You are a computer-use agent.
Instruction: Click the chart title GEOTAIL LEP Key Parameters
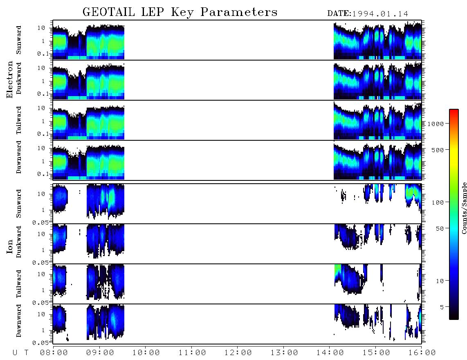(x=180, y=12)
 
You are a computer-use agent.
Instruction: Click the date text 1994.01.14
(x=380, y=14)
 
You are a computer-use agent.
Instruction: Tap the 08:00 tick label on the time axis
(x=54, y=353)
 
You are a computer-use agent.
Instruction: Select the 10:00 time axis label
(x=146, y=353)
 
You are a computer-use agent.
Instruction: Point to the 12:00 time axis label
(x=238, y=353)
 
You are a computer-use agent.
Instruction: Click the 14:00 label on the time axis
(x=330, y=353)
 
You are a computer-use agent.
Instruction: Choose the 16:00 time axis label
(x=422, y=353)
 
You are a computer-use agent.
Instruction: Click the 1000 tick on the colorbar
(x=436, y=124)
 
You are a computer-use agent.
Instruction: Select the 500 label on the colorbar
(x=438, y=150)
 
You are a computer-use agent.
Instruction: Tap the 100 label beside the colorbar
(x=438, y=202)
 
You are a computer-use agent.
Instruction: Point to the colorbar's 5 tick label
(x=442, y=307)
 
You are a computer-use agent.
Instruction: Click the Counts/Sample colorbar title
(x=464, y=208)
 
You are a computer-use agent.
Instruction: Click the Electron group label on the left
(x=9, y=80)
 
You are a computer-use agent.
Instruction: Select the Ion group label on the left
(x=9, y=246)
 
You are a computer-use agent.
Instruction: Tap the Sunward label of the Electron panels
(x=18, y=40)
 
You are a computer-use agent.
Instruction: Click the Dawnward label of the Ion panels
(x=18, y=321)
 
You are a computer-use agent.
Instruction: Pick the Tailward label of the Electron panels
(x=18, y=120)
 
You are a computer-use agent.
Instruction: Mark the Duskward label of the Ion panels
(x=18, y=242)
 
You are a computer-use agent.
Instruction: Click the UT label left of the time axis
(x=20, y=353)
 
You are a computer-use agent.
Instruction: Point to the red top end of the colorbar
(x=454, y=111)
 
